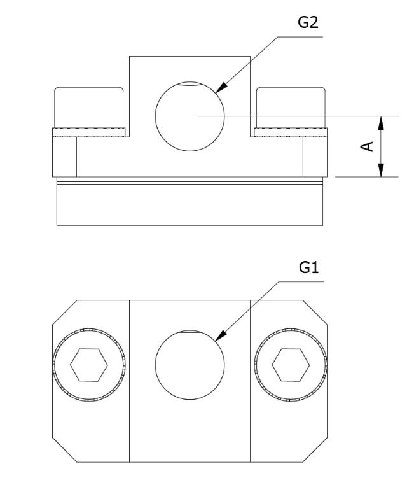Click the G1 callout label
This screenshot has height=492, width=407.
pos(308,269)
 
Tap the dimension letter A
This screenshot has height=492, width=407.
pos(367,146)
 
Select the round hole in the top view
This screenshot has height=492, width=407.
pos(190,363)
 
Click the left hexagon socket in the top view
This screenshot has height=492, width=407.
pos(88,364)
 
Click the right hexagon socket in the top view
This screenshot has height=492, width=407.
pos(291,364)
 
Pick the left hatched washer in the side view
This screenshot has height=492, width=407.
pos(89,133)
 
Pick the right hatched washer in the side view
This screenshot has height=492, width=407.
pos(291,133)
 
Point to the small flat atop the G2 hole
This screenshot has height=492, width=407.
pos(190,83)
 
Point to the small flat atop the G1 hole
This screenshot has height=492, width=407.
pos(190,331)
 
